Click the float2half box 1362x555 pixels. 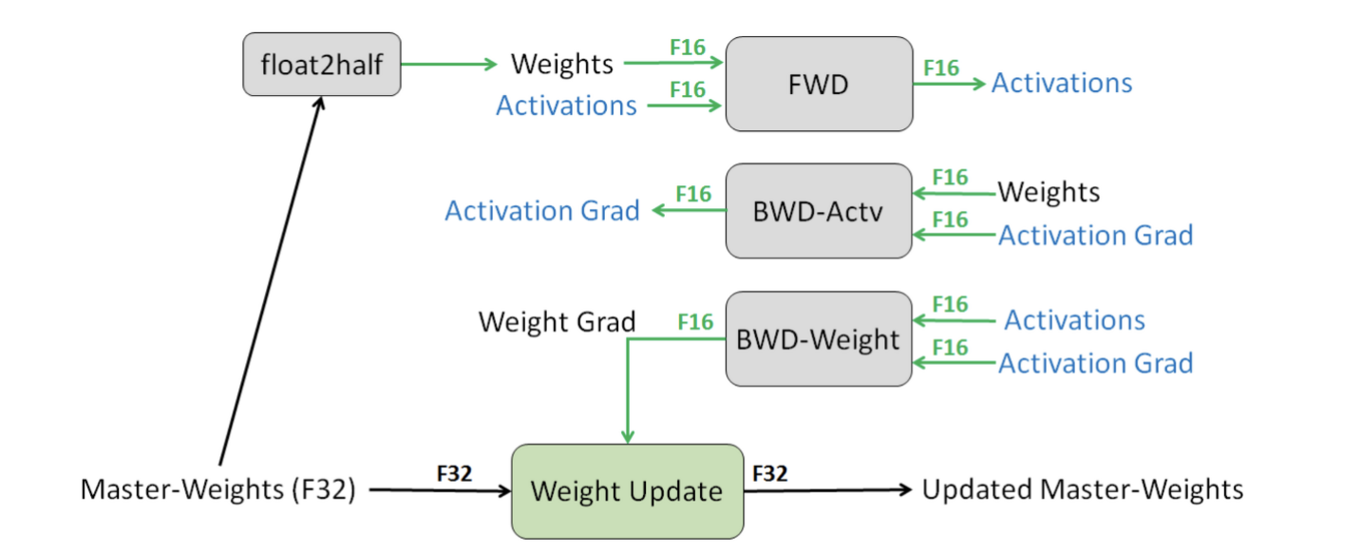[322, 64]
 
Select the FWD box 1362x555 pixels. [819, 84]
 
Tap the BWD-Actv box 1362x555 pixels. [819, 211]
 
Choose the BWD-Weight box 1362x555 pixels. [819, 338]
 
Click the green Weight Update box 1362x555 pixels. [628, 491]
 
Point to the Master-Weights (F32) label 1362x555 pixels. [218, 489]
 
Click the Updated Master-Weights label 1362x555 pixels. [1083, 489]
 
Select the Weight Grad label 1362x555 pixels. [557, 322]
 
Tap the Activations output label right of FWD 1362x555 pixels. [1062, 83]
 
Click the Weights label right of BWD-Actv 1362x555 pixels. [1049, 193]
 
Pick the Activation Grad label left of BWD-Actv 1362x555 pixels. [542, 211]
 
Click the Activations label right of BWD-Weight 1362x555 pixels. [1074, 320]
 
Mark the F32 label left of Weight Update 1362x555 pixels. [454, 473]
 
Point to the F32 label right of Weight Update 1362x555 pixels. [769, 473]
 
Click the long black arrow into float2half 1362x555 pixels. [272, 280]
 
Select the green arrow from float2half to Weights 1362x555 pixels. [449, 64]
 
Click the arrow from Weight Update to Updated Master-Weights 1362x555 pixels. [828, 489]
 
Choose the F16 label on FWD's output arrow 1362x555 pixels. [941, 67]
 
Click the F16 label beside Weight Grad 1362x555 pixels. [695, 322]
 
